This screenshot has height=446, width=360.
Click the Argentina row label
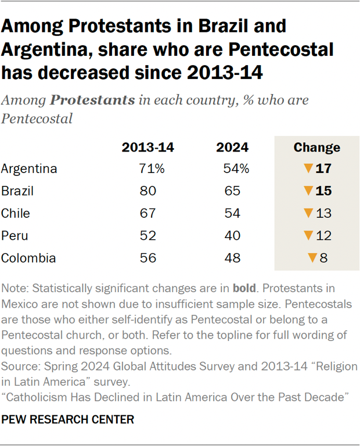29,169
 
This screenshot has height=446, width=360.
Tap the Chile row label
15,213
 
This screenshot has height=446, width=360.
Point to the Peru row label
15,236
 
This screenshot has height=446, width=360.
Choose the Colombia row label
28,258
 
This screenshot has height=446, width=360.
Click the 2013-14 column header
147,147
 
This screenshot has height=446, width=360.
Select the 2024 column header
232,147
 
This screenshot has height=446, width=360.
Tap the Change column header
316,147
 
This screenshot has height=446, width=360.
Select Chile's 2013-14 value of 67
148,213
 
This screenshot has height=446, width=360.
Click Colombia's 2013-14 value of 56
148,258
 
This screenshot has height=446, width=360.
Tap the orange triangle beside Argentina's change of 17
308,169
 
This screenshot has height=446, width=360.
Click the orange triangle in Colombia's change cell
312,258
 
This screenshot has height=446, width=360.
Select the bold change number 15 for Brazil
323,191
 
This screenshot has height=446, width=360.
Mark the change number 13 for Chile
323,213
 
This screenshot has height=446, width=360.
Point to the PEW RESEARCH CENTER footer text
67,419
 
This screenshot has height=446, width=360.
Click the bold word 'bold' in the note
244,289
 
